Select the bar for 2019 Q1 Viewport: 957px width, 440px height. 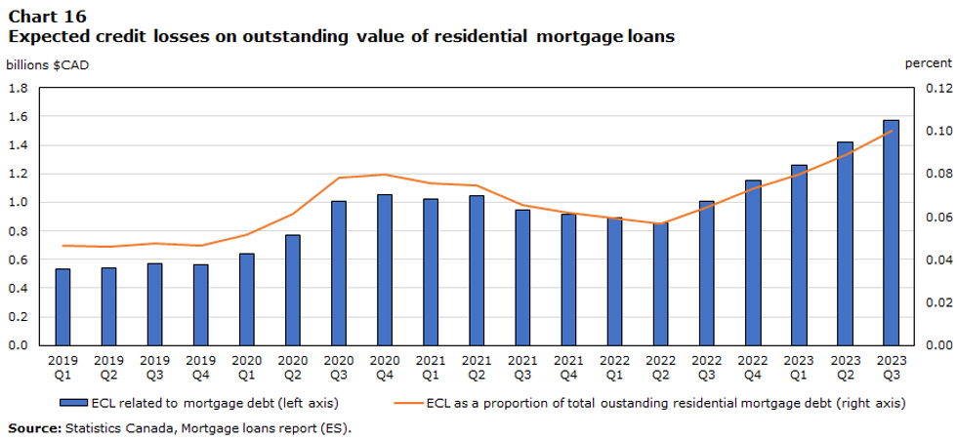click(x=62, y=306)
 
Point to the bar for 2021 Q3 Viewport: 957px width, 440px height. click(x=522, y=277)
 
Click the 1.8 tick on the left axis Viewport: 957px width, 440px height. click(x=19, y=88)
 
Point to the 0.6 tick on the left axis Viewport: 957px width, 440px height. click(x=19, y=260)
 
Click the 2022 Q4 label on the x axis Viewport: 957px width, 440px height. click(x=753, y=367)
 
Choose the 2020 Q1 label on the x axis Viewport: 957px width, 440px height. click(x=247, y=367)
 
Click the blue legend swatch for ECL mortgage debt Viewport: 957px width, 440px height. click(x=73, y=402)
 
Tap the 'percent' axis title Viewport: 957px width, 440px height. click(x=929, y=64)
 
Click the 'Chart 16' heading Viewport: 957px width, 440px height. click(x=47, y=17)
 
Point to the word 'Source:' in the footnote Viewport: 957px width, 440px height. click(x=33, y=428)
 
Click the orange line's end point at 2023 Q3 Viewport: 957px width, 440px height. click(x=891, y=131)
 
